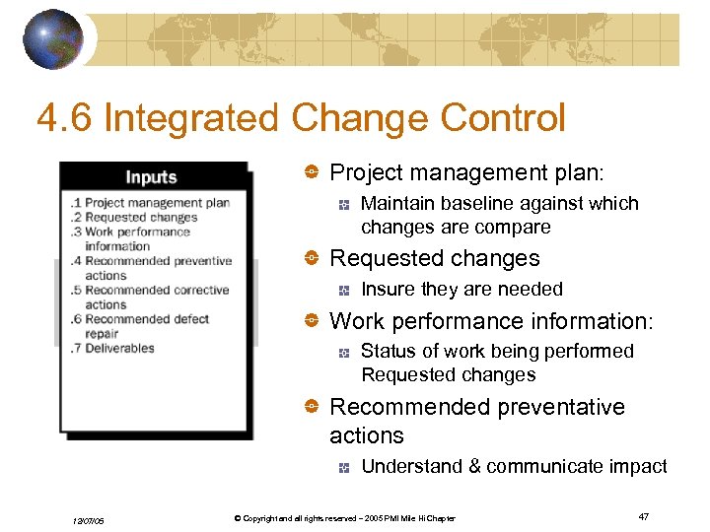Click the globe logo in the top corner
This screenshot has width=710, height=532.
52,38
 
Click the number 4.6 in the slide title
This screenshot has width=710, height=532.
64,119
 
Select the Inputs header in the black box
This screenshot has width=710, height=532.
151,177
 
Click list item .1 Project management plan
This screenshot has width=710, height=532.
150,203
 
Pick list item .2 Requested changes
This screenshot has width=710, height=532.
134,218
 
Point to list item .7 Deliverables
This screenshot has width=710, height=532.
112,349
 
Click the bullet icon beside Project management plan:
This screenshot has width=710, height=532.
310,173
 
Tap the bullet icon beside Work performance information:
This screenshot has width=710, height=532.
310,321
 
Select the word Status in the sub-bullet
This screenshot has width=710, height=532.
388,352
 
